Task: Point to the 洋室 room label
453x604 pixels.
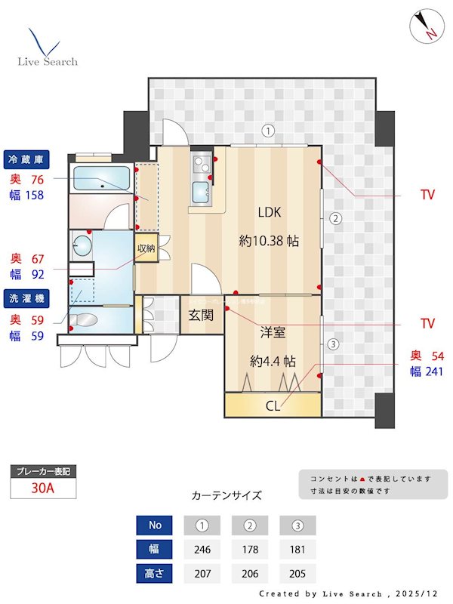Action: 273,331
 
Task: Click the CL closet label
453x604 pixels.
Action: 273,405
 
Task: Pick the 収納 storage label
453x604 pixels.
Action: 146,248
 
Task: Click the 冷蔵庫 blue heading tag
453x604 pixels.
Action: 26,159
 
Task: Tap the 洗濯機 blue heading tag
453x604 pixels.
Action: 26,298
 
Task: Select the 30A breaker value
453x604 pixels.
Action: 43,488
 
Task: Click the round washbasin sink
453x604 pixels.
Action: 82,245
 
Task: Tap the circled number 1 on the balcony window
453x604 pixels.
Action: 267,131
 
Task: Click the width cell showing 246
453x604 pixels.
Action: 202,549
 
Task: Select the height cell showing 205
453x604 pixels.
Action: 297,573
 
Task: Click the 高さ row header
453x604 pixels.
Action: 154,573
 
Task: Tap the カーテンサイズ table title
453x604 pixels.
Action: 226,496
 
